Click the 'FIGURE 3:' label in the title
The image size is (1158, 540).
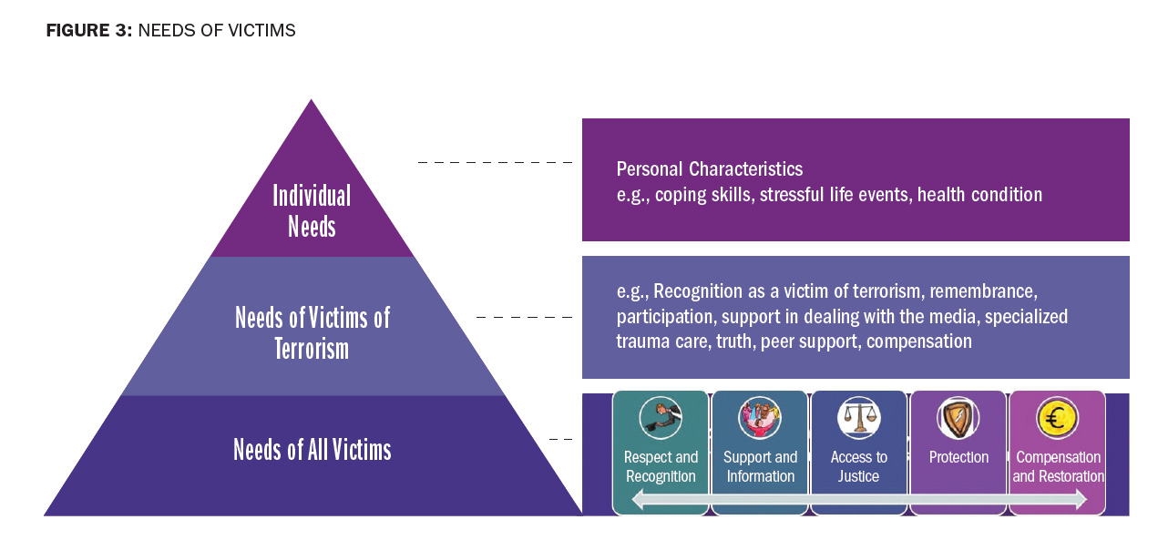[88, 31]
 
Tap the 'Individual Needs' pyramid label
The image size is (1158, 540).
[312, 210]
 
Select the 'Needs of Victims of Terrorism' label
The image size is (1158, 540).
[312, 332]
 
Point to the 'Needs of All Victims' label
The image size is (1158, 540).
[312, 450]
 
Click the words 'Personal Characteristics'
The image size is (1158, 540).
[710, 169]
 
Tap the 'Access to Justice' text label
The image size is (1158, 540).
[858, 466]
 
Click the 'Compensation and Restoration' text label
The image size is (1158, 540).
[1058, 466]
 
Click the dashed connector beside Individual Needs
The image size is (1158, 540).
[495, 162]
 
